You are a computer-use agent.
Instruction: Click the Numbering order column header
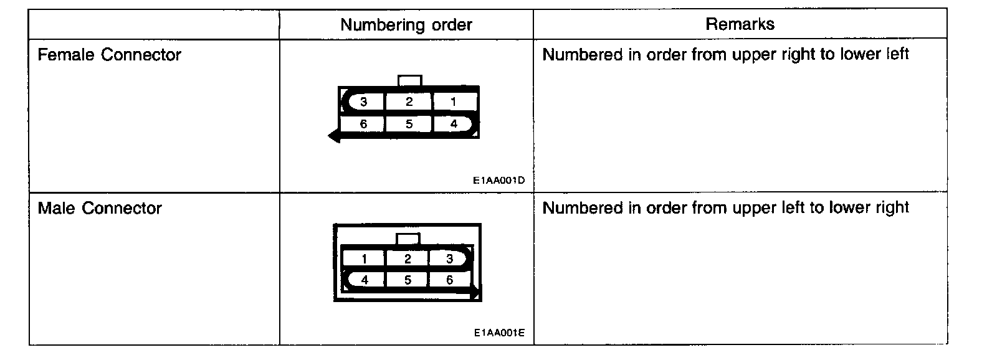pyautogui.click(x=406, y=25)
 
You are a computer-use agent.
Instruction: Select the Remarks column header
pyautogui.click(x=740, y=24)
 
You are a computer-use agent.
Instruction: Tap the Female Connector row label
pyautogui.click(x=109, y=55)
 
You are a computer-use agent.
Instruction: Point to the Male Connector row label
pyautogui.click(x=100, y=208)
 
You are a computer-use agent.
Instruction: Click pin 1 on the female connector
pyautogui.click(x=454, y=102)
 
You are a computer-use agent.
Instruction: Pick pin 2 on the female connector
pyautogui.click(x=409, y=102)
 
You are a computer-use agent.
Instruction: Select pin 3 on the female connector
pyautogui.click(x=363, y=102)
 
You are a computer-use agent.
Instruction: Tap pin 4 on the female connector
pyautogui.click(x=454, y=124)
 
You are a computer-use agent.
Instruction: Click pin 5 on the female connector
pyautogui.click(x=409, y=124)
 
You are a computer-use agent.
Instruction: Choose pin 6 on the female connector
pyautogui.click(x=363, y=124)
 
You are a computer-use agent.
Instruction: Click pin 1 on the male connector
pyautogui.click(x=364, y=258)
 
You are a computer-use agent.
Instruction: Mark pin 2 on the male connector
pyautogui.click(x=408, y=258)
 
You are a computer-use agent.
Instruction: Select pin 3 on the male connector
pyautogui.click(x=450, y=258)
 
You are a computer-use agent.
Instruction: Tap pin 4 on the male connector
pyautogui.click(x=364, y=280)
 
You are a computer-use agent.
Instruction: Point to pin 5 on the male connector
pyautogui.click(x=408, y=280)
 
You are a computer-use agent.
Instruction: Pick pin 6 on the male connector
pyautogui.click(x=450, y=280)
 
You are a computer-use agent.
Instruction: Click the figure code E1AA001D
pyautogui.click(x=498, y=181)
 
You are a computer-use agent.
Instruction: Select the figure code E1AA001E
pyautogui.click(x=498, y=333)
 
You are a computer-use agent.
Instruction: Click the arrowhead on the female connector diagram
pyautogui.click(x=334, y=136)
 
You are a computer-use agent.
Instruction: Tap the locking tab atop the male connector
pyautogui.click(x=408, y=239)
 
